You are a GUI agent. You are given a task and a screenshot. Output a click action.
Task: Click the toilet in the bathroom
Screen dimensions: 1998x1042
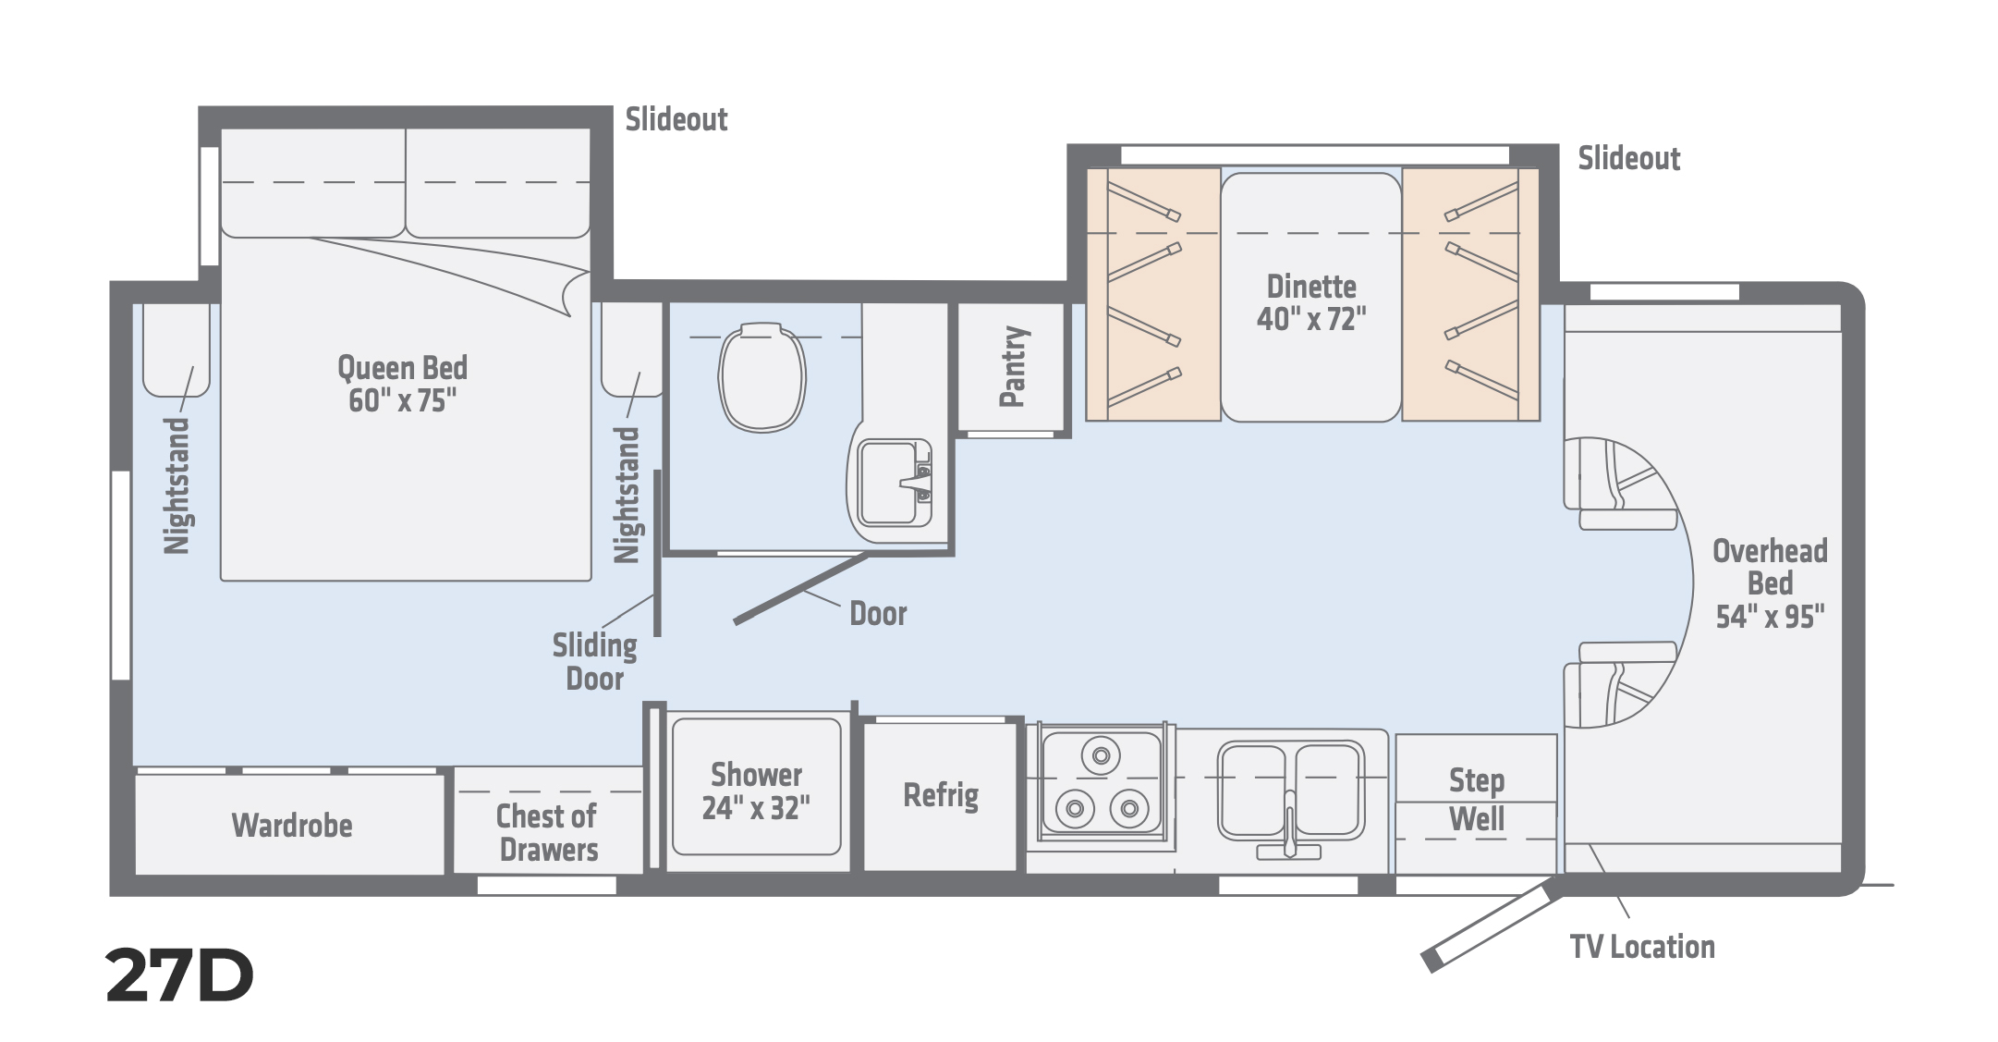click(762, 376)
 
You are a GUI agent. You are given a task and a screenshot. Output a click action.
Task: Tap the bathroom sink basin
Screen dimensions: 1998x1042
click(888, 483)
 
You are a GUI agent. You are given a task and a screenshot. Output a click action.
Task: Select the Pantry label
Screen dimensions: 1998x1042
click(1013, 366)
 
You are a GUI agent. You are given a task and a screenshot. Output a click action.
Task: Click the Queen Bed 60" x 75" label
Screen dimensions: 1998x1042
click(403, 384)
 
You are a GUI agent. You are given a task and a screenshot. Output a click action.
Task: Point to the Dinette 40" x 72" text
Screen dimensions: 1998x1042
click(1311, 302)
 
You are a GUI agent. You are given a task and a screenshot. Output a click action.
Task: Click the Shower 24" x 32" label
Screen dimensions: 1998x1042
click(756, 791)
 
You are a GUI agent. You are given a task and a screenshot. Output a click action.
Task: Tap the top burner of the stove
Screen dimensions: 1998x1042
click(1100, 755)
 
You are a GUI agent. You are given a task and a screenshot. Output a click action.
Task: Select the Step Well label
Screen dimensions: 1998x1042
click(1477, 800)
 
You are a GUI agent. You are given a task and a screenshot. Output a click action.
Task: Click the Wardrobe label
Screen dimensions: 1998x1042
click(292, 825)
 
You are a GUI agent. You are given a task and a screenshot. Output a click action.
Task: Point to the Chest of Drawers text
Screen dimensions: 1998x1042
click(548, 833)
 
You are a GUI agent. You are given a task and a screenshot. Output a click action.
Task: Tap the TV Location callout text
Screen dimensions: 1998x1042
click(1642, 947)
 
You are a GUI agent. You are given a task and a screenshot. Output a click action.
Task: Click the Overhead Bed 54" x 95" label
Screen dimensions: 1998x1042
click(1770, 584)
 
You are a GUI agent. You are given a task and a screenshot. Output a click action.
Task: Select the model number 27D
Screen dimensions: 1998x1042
click(179, 976)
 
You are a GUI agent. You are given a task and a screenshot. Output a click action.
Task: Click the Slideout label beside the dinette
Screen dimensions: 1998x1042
click(1628, 159)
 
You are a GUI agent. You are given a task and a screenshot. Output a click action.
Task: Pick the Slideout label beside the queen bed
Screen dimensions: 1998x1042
click(676, 119)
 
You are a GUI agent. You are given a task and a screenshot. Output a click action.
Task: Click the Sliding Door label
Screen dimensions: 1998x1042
click(595, 662)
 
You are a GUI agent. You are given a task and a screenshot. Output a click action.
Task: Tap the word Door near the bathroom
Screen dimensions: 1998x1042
click(878, 614)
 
